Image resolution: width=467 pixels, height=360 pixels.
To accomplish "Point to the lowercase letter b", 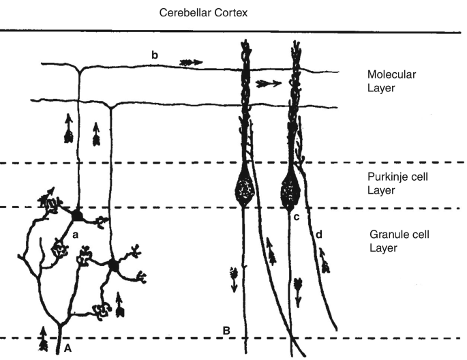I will [x=156, y=53].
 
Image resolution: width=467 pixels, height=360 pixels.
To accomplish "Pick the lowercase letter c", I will [x=297, y=217].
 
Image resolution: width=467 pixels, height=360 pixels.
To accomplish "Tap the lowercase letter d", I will [x=318, y=235].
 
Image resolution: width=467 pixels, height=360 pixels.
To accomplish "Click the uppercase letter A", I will [x=67, y=346].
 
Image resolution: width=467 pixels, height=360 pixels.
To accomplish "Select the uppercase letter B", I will [x=228, y=331].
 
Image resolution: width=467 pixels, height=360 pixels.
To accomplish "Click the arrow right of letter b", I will [x=192, y=62].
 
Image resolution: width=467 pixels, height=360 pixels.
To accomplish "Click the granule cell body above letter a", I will [x=78, y=215].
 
